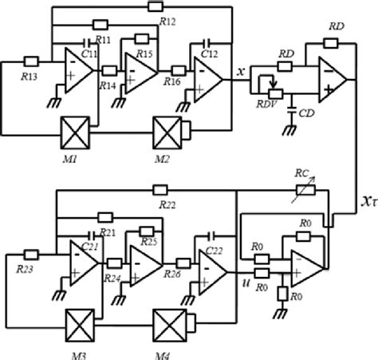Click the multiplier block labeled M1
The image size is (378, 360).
[x=79, y=129]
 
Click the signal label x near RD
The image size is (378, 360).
[x=240, y=70]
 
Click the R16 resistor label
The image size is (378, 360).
[x=173, y=81]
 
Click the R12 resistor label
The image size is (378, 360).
[x=167, y=22]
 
